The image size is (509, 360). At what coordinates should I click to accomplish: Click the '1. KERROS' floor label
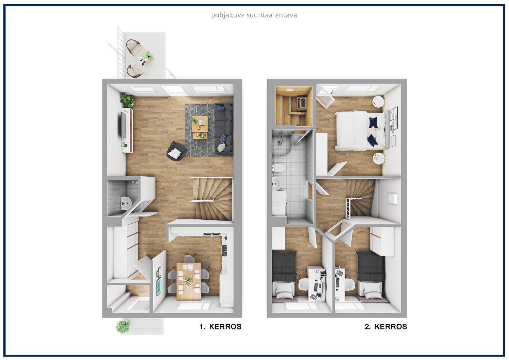pos(220,327)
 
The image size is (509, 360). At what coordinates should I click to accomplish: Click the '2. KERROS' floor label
pos(386,327)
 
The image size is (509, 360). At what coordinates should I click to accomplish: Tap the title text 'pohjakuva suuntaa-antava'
pos(254,15)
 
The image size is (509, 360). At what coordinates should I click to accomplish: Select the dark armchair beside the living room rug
pos(176,151)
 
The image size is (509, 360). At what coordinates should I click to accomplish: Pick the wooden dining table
pos(189,281)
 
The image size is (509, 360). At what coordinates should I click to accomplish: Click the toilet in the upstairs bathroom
pos(278,168)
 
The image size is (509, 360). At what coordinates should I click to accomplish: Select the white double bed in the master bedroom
pos(360,131)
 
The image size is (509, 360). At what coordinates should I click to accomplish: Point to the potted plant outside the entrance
pos(123,327)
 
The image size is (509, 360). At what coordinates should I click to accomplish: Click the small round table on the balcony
pos(146,58)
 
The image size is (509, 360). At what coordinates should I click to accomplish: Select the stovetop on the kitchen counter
pos(225,251)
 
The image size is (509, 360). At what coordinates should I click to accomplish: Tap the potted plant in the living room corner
pos(127,100)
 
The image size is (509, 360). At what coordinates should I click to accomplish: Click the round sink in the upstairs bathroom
pos(276,183)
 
